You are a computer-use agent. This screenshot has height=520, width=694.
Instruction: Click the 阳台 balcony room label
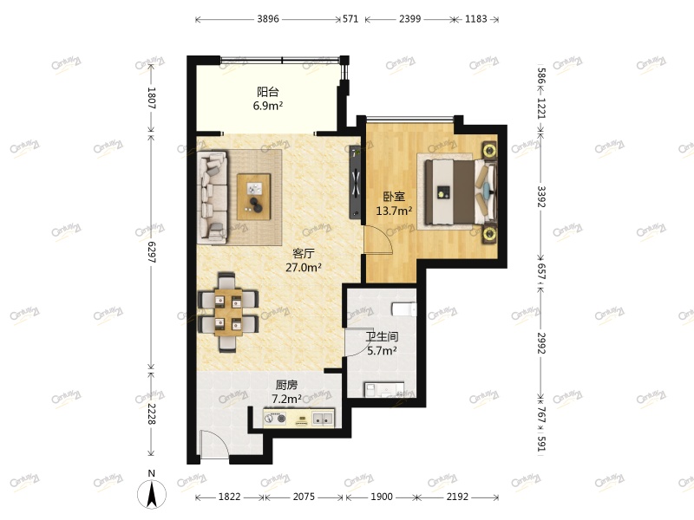[268, 91]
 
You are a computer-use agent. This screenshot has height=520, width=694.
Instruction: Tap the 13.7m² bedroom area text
[393, 211]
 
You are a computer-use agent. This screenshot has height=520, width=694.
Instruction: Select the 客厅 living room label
[303, 254]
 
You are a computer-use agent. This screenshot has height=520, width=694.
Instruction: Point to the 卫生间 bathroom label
[381, 337]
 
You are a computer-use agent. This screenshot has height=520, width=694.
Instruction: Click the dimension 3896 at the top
[267, 17]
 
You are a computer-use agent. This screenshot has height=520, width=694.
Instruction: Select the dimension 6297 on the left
[151, 252]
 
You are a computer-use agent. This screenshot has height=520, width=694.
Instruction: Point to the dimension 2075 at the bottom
[304, 497]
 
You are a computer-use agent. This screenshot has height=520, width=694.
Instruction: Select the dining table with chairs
[229, 313]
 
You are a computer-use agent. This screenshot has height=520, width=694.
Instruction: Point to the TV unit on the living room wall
[355, 182]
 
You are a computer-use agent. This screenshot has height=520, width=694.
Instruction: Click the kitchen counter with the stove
[300, 419]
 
